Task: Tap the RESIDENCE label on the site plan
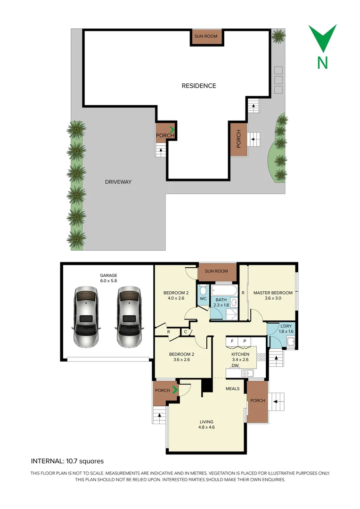pos(199,86)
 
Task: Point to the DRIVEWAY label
pos(118,181)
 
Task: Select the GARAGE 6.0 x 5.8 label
pos(108,278)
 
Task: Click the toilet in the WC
pos(203,289)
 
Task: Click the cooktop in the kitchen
pos(261,357)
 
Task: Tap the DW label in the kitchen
pos(235,365)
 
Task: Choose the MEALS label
pos(232,389)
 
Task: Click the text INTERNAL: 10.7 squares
pos(67,461)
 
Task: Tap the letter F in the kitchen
pos(232,341)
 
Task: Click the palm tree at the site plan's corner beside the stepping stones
pos(278,36)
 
